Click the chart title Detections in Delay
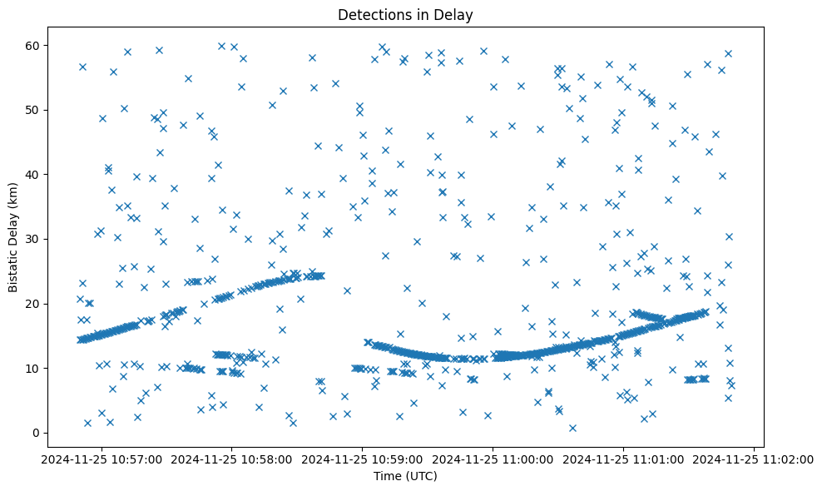tap(405, 14)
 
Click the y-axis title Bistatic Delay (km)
tap(13, 237)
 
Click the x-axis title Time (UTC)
tap(405, 477)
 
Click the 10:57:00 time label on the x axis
tap(102, 459)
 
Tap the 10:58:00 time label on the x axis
tap(232, 459)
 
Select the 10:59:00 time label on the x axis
tap(363, 459)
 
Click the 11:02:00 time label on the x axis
tap(753, 459)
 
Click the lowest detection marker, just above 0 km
tap(572, 428)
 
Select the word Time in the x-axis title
tap(389, 477)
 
